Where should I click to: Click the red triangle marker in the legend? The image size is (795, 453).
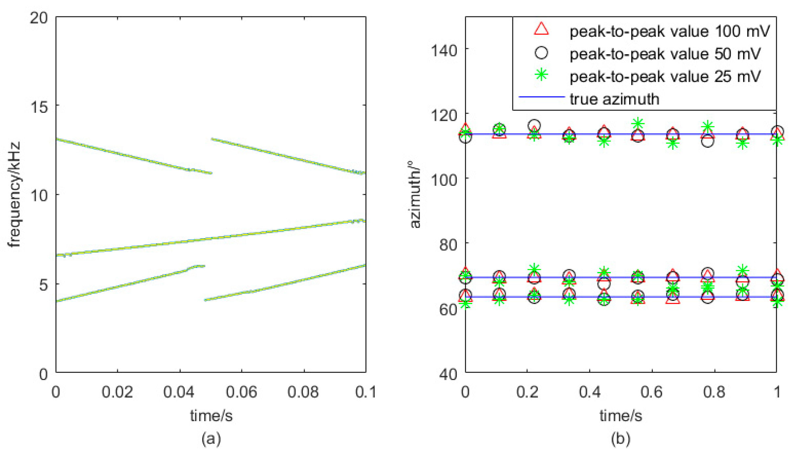coord(541,29)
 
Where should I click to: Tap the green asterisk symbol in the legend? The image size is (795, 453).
coord(541,75)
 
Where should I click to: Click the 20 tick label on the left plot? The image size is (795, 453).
coord(39,17)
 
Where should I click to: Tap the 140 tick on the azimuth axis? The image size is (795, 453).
coord(444,51)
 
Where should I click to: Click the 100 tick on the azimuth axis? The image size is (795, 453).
coord(444,180)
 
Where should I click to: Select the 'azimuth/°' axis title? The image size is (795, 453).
coord(415,194)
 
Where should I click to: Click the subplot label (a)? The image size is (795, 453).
coord(211,439)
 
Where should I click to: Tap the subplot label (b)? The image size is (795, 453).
coord(620,439)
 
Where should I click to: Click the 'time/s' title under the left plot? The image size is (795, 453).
coord(211,416)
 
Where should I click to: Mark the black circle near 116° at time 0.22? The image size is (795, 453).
coord(534,125)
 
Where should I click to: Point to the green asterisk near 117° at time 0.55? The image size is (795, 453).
coord(638,124)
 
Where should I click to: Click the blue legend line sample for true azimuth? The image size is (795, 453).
coord(541,97)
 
